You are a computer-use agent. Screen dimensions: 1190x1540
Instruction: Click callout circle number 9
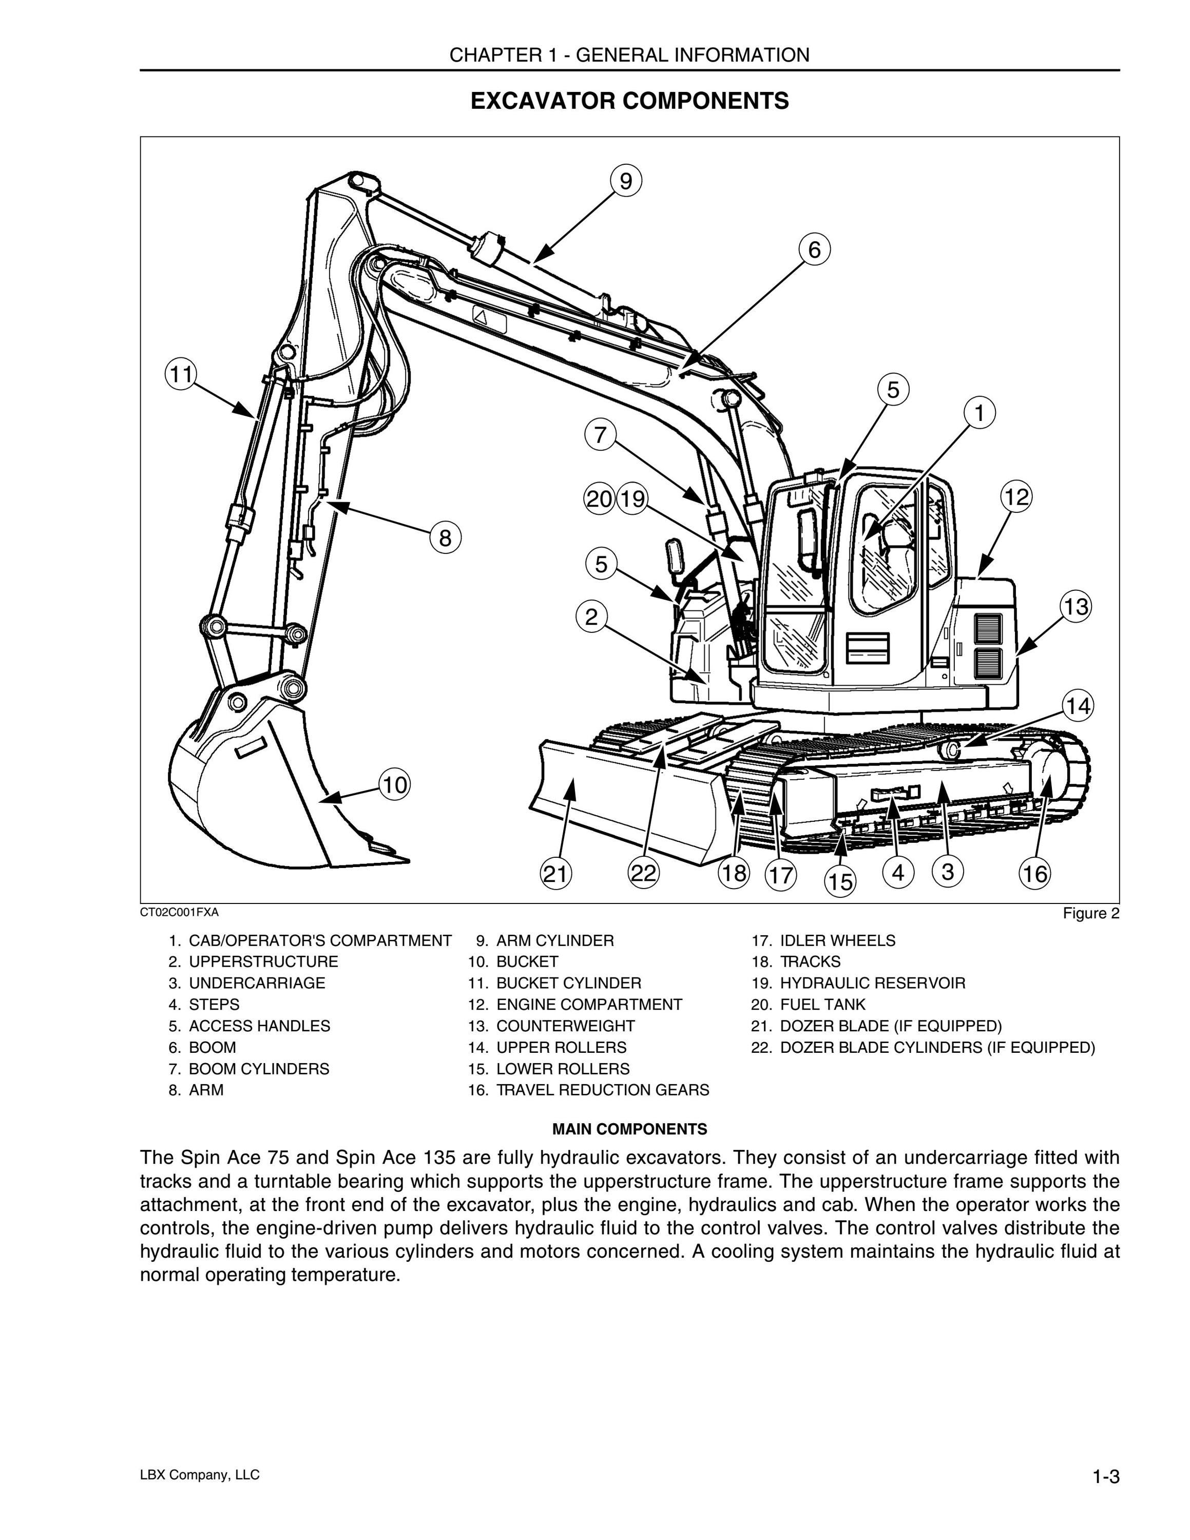pyautogui.click(x=626, y=181)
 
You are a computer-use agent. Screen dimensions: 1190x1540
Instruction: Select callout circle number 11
pyautogui.click(x=181, y=374)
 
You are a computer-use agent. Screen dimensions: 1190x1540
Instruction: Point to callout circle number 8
pyautogui.click(x=445, y=538)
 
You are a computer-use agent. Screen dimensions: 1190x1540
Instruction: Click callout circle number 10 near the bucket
pyautogui.click(x=395, y=784)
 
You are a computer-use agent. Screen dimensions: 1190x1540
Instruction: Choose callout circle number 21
pyautogui.click(x=555, y=874)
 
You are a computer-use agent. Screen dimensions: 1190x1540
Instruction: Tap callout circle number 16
pyautogui.click(x=1034, y=874)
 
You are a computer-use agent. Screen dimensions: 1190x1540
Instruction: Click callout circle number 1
pyautogui.click(x=979, y=413)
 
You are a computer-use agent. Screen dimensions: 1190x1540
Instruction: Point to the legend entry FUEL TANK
pyautogui.click(x=808, y=1004)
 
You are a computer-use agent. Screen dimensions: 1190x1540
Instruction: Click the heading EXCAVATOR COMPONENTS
pyautogui.click(x=629, y=101)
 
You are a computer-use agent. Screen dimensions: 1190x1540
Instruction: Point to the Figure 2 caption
pyautogui.click(x=1091, y=914)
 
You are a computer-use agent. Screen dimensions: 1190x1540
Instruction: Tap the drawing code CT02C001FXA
pyautogui.click(x=179, y=912)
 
